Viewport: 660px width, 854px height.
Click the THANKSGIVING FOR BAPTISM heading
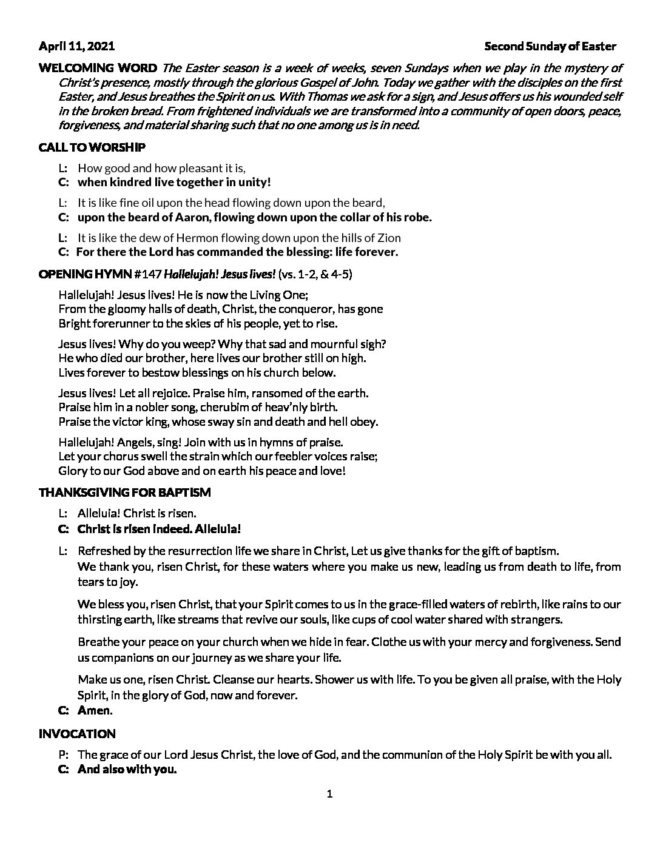(124, 493)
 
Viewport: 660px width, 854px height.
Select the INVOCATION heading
(76, 734)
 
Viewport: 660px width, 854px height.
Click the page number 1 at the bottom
(330, 795)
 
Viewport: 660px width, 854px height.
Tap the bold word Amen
(95, 710)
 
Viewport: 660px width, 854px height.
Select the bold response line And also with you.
(127, 770)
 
